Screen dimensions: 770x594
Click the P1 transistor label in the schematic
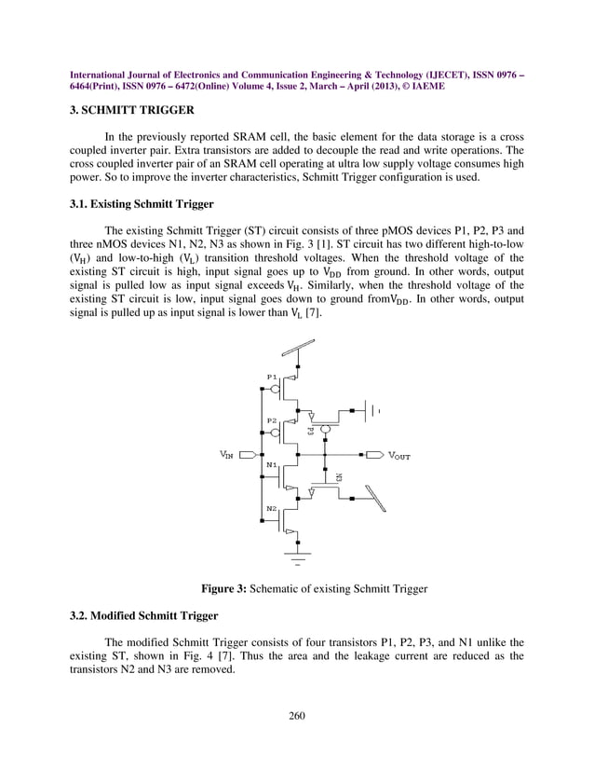click(272, 377)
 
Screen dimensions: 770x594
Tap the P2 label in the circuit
click(272, 420)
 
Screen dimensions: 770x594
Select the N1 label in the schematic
click(272, 463)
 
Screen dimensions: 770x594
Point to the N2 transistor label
click(272, 508)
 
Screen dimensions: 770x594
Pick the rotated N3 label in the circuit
click(338, 476)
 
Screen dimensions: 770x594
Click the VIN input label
click(226, 455)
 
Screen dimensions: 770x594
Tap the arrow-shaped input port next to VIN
click(248, 455)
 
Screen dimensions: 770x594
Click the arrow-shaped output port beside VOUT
click(374, 455)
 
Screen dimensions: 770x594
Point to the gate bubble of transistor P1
click(290, 379)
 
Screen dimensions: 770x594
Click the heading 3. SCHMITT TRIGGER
click(132, 110)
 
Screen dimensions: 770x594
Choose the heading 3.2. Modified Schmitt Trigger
click(144, 616)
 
